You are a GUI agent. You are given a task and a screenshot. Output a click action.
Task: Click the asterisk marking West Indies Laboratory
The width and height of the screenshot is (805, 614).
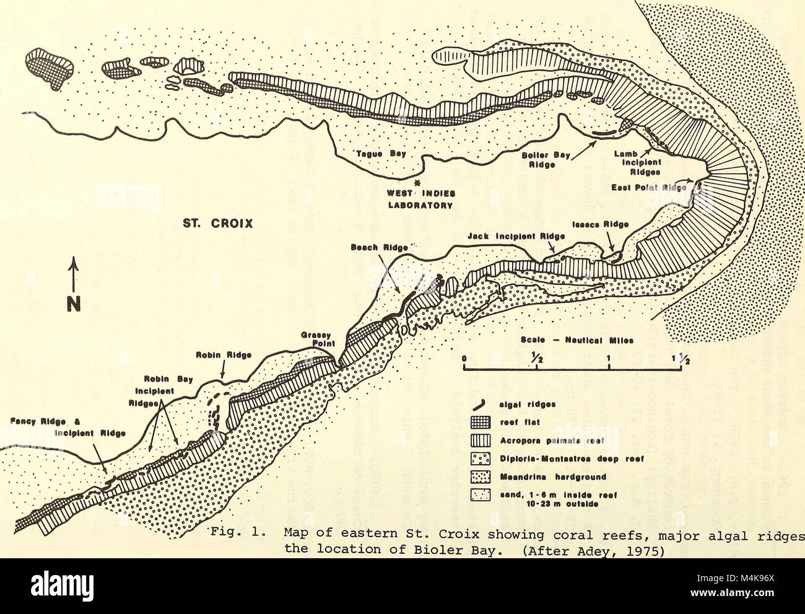click(x=419, y=183)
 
